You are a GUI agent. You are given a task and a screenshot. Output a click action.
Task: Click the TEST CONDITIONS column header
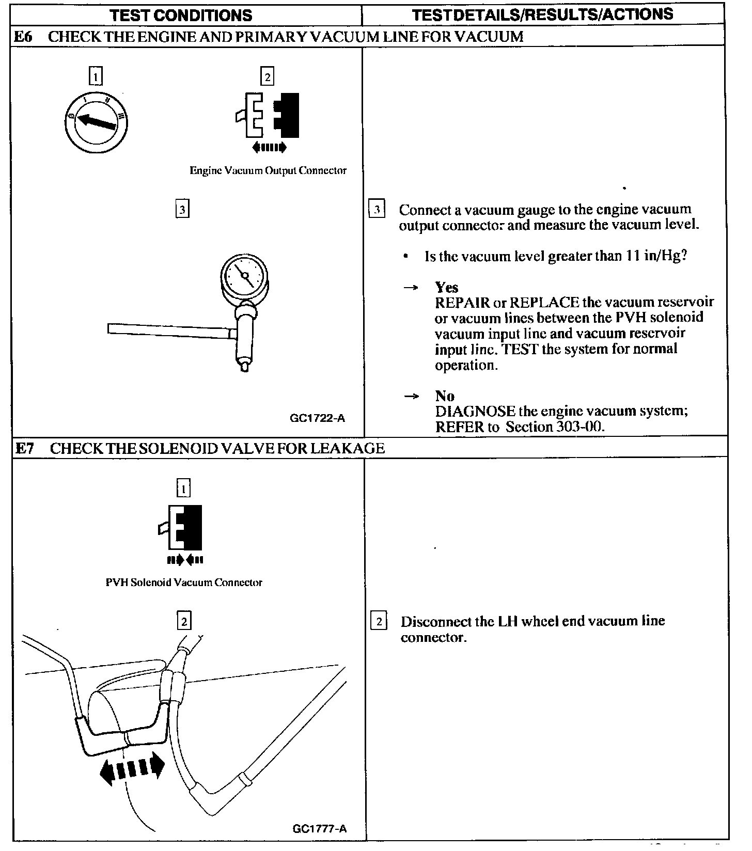tap(181, 15)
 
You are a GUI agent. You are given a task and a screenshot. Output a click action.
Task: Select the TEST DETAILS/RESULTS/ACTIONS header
tap(543, 14)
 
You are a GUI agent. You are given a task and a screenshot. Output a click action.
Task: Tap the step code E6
tap(24, 37)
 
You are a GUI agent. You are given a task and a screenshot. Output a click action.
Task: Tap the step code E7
tap(24, 448)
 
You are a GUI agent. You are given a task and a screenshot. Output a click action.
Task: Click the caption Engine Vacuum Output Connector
tap(268, 170)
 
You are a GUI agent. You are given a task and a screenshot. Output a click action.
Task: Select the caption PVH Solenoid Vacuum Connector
tap(184, 582)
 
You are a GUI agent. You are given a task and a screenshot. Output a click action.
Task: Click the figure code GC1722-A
tap(317, 418)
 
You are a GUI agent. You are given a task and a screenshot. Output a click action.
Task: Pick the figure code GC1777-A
tap(319, 829)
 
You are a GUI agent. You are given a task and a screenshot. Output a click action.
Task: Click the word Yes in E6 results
tap(446, 287)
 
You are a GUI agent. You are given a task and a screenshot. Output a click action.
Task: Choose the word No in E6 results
tap(445, 396)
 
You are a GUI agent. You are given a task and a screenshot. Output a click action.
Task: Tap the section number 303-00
tap(578, 427)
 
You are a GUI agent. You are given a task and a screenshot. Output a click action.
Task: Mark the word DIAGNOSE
tap(475, 412)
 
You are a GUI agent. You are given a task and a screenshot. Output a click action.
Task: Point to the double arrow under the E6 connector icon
tap(269, 148)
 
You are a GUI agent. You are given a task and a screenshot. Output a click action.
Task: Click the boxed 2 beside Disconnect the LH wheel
tap(379, 621)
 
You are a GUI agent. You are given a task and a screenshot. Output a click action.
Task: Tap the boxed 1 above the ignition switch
tap(96, 77)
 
